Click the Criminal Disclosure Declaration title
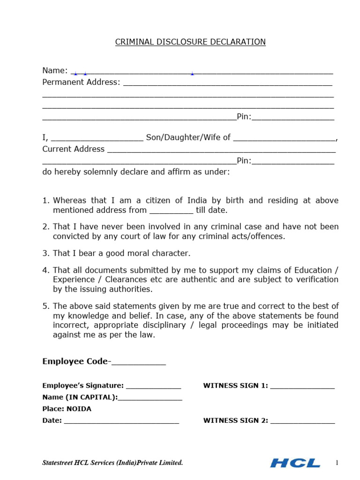click(190, 42)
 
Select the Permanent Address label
click(81, 82)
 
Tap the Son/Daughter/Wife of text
click(188, 137)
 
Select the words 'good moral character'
click(159, 253)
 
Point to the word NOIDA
click(79, 409)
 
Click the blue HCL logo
click(295, 463)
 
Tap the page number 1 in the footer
click(337, 463)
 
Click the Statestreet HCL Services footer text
click(112, 463)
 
